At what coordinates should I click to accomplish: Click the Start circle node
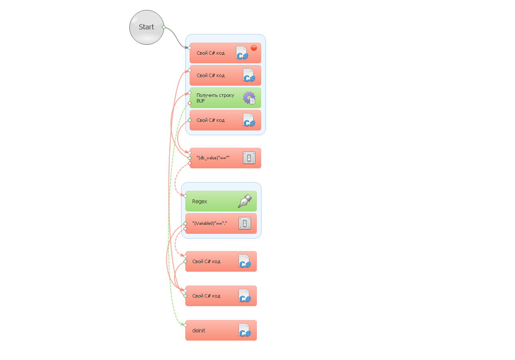147,27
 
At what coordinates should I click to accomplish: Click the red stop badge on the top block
254,48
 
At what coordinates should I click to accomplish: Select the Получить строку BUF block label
215,98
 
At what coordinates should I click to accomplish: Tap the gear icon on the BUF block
249,98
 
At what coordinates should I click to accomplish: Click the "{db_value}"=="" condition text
213,158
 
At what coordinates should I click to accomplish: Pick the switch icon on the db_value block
249,158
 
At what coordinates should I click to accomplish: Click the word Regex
200,201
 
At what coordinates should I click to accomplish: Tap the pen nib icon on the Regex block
245,201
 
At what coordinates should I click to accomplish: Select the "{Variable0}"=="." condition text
209,223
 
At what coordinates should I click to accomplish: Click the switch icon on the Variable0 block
245,223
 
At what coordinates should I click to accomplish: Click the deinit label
199,330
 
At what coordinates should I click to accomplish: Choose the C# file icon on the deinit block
245,330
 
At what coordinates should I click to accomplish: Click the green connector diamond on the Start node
164,27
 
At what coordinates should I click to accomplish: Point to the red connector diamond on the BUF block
190,103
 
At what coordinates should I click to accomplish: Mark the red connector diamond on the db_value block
190,163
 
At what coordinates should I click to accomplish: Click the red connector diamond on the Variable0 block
185,229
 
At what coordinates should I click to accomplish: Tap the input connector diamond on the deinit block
185,325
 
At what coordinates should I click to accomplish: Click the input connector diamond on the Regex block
185,196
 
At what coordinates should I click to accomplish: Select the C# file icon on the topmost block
242,53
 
